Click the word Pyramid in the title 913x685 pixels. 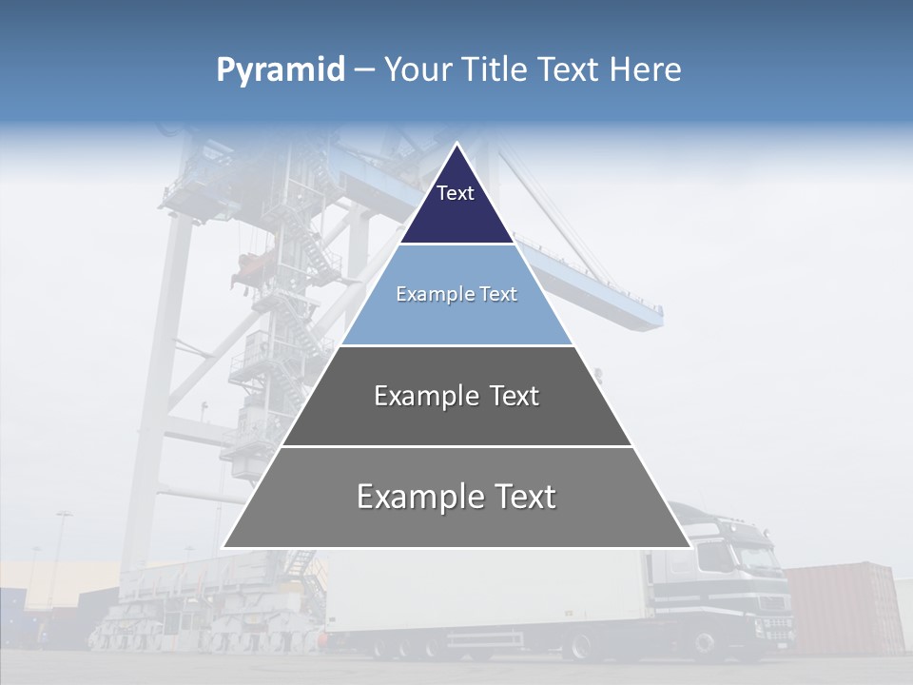(x=281, y=69)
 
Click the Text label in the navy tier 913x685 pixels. (x=456, y=193)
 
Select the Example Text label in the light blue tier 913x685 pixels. (x=456, y=294)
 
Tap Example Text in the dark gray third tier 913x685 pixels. (x=456, y=396)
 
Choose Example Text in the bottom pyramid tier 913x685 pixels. (x=456, y=497)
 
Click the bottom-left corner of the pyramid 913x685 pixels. (x=223, y=547)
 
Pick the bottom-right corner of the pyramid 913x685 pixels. (x=690, y=547)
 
